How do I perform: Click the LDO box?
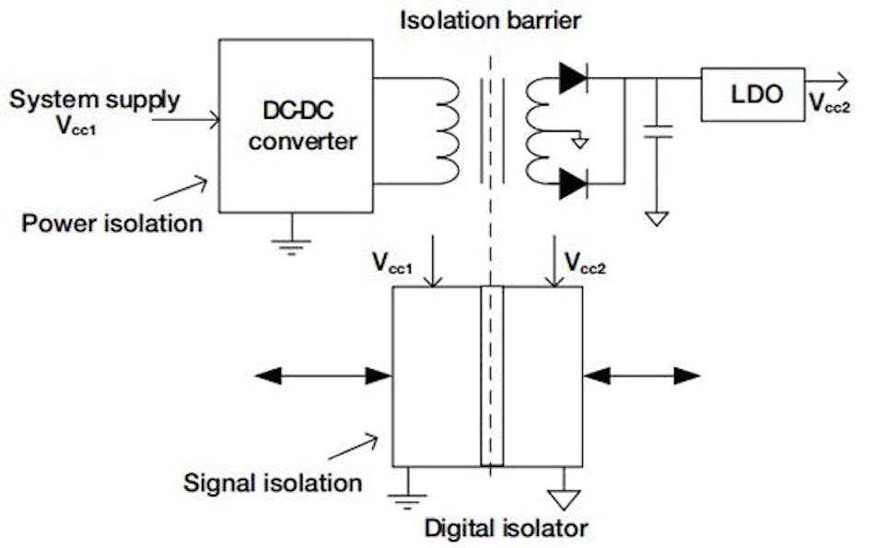click(752, 94)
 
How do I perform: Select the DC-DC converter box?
click(295, 125)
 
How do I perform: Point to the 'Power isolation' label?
click(112, 223)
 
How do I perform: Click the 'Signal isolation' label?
click(273, 482)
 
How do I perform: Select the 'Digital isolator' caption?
click(506, 528)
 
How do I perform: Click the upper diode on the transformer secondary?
click(572, 79)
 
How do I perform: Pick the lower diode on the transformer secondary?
click(572, 185)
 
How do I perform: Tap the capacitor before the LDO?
click(656, 129)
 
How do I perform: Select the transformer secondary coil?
click(538, 131)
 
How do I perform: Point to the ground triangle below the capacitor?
click(656, 218)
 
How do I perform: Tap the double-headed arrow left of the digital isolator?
click(322, 375)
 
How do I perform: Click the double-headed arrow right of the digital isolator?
click(641, 375)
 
